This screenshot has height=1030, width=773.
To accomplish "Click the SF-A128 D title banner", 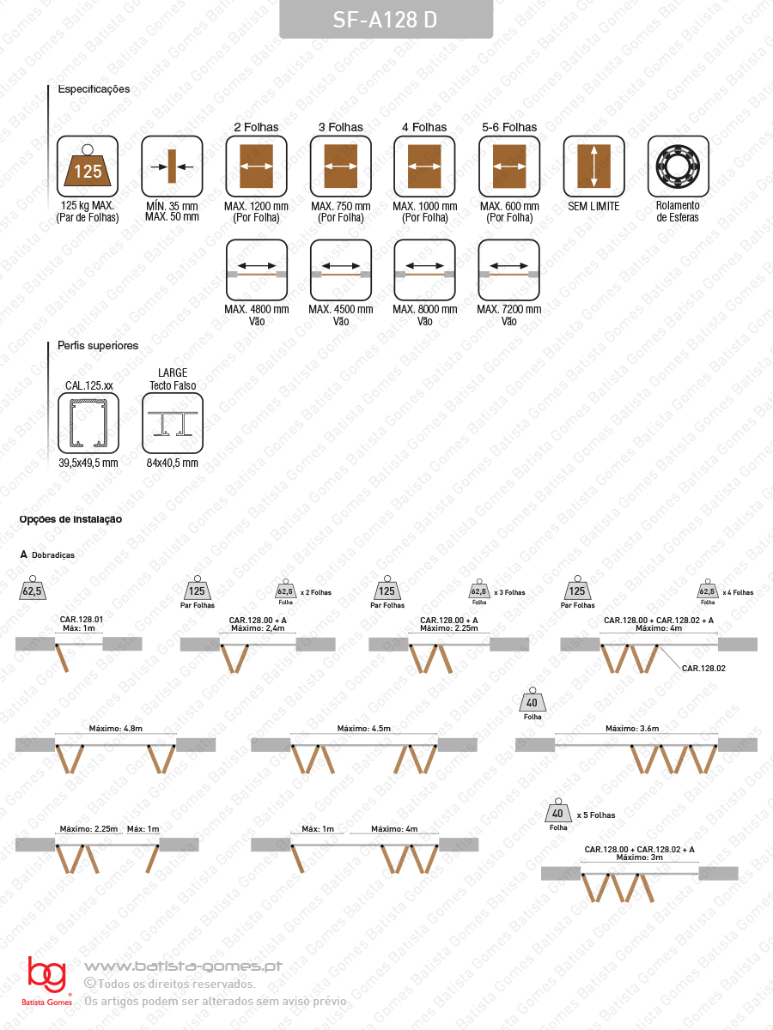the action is [x=386, y=19].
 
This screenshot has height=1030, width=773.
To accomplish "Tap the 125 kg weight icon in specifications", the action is [x=88, y=167].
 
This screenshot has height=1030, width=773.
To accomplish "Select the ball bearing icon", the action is [x=679, y=167].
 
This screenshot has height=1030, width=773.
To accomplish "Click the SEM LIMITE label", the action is [x=593, y=206].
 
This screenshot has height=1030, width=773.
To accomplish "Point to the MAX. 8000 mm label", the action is [x=425, y=309].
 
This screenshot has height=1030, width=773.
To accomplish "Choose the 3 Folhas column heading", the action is [x=341, y=127].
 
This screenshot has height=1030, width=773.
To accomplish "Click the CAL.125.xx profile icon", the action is [x=88, y=423].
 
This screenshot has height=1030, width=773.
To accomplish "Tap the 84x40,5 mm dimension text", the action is [x=173, y=463].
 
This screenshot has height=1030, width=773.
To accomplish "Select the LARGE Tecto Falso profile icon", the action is [x=173, y=423].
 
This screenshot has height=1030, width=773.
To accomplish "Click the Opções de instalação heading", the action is [x=70, y=519].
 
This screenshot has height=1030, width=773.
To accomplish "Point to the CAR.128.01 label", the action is [x=82, y=620].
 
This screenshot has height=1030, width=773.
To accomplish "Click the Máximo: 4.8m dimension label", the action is [x=115, y=728].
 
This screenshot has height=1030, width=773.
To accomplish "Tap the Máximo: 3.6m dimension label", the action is [x=632, y=728].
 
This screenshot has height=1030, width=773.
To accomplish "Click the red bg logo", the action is [x=46, y=974].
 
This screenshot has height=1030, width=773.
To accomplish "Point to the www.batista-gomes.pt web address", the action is [x=183, y=966].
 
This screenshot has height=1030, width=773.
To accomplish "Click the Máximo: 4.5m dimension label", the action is [x=363, y=728].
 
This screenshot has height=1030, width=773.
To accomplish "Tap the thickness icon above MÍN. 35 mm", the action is [x=173, y=167].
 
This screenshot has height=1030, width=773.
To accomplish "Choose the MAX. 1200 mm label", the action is [x=256, y=206].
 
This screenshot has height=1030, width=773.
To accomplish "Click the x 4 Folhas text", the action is [x=738, y=592].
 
